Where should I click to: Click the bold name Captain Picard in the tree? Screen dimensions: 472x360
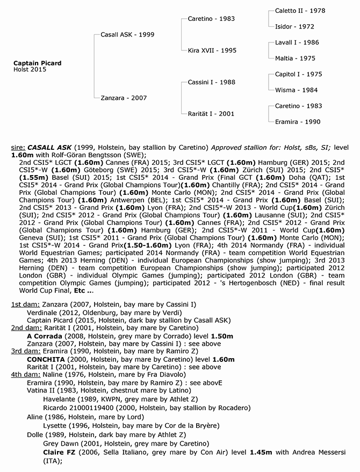[37, 63]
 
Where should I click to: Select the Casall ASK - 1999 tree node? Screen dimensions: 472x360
[127, 34]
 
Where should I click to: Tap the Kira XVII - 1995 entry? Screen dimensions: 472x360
[212, 50]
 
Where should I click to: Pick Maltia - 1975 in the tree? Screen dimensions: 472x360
[295, 59]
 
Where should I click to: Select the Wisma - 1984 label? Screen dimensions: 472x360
[297, 90]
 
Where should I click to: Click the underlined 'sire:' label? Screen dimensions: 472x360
[17, 147]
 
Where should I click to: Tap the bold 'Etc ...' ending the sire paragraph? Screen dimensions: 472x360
[83, 292]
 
